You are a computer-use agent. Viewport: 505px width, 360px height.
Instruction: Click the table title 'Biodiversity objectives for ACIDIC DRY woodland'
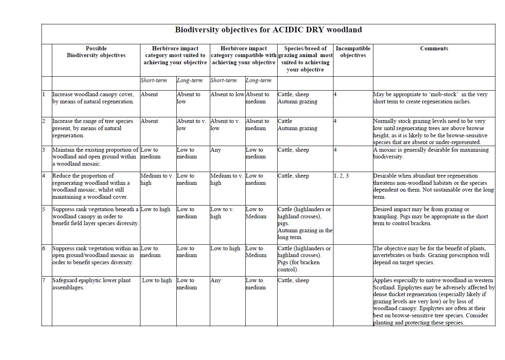(x=268, y=30)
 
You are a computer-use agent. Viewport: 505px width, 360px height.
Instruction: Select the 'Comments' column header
(x=434, y=49)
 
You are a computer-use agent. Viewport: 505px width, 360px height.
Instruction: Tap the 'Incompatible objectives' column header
(x=353, y=52)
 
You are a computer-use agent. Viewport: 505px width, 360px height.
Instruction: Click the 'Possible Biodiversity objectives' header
(x=96, y=52)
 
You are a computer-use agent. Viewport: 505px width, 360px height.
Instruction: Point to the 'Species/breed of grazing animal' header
(x=305, y=59)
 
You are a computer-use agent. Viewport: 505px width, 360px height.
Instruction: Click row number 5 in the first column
(x=44, y=210)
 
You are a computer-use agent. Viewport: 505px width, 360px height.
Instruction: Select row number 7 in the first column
(x=44, y=281)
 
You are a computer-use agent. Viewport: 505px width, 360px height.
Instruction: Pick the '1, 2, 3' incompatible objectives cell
(x=341, y=176)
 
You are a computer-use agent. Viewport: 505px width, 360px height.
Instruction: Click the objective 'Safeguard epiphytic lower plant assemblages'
(x=91, y=284)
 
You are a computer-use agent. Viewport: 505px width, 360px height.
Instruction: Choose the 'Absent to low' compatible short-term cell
(x=227, y=95)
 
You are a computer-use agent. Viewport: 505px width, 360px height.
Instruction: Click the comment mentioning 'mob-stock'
(x=430, y=98)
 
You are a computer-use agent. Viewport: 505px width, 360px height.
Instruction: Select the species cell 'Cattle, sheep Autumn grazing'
(x=298, y=98)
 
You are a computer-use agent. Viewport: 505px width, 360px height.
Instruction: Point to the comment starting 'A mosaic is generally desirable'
(x=431, y=153)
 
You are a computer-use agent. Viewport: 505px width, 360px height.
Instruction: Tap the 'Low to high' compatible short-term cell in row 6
(x=225, y=249)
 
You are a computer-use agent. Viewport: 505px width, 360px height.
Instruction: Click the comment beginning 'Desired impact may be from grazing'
(x=430, y=216)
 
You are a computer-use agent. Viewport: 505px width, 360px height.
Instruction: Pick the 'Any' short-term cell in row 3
(x=216, y=150)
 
